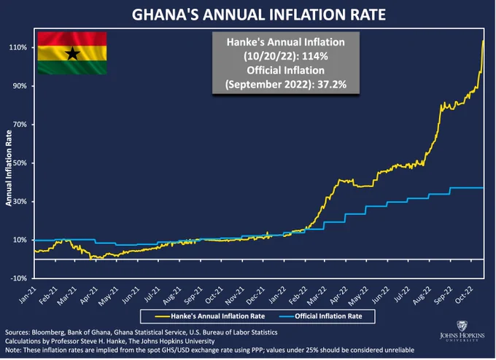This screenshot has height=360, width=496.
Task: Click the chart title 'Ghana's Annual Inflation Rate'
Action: tap(259, 15)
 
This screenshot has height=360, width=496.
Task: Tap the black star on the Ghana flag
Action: tap(72, 53)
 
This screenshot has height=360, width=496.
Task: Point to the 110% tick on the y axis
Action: tap(18, 47)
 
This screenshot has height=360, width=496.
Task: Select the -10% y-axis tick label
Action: tap(19, 278)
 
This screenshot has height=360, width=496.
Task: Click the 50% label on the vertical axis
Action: tap(20, 163)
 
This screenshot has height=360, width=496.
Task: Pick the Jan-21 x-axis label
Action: tap(28, 295)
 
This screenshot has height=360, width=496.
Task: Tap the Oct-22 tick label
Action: tap(464, 295)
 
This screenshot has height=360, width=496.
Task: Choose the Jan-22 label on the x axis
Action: tap(277, 295)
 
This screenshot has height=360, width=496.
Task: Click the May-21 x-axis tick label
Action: tap(108, 296)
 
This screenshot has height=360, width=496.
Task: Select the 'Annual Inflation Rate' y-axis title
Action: tap(9, 168)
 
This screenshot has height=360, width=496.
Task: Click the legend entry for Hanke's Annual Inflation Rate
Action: tap(210, 316)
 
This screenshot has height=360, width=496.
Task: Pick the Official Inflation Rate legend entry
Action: tap(321, 316)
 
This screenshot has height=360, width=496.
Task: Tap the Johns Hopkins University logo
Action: tap(462, 332)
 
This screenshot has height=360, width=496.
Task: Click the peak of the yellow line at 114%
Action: tap(483, 41)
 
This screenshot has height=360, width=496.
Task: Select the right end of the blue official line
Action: tap(483, 188)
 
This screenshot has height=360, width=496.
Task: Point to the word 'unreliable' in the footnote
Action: tap(400, 351)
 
